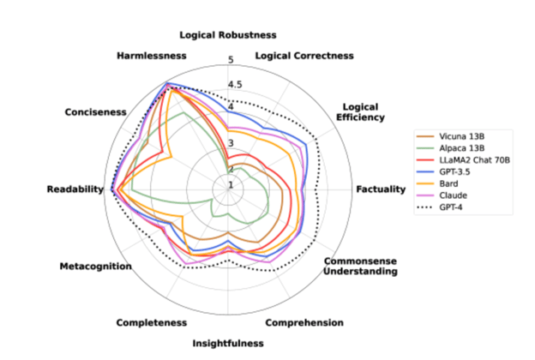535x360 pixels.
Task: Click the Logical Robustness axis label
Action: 228,35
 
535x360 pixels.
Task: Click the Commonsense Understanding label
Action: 360,266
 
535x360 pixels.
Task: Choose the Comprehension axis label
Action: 304,323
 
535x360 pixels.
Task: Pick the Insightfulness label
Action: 228,343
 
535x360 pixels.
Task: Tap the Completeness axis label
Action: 151,323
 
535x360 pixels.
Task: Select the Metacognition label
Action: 95,267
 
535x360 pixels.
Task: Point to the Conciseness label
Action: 95,112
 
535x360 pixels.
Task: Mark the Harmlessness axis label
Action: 151,56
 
